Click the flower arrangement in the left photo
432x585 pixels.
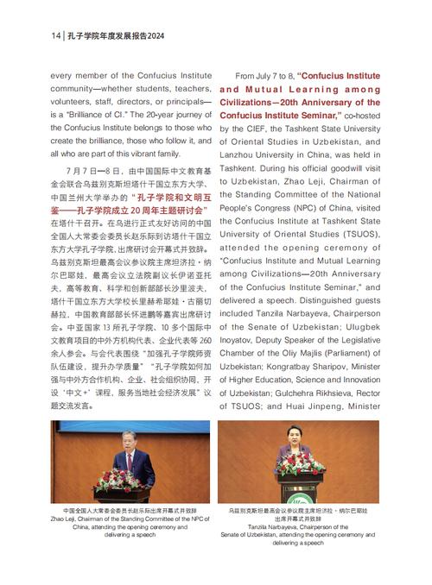(114, 481)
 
